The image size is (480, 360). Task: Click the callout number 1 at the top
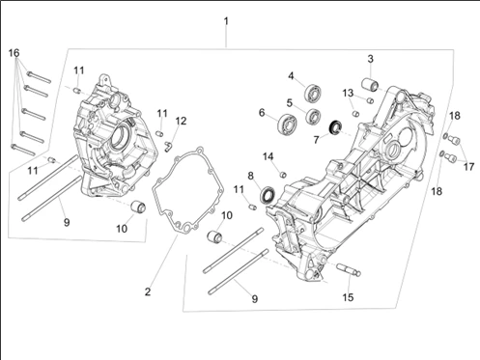(226, 21)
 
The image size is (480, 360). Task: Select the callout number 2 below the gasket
(148, 291)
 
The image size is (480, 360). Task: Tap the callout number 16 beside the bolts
(14, 53)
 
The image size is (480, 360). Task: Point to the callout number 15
(348, 297)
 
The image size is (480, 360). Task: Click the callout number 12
(181, 121)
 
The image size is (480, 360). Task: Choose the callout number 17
(468, 167)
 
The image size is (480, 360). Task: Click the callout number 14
(268, 156)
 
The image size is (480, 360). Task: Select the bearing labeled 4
(312, 92)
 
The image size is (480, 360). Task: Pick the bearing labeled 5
(313, 116)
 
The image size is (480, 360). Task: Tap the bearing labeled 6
(288, 123)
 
